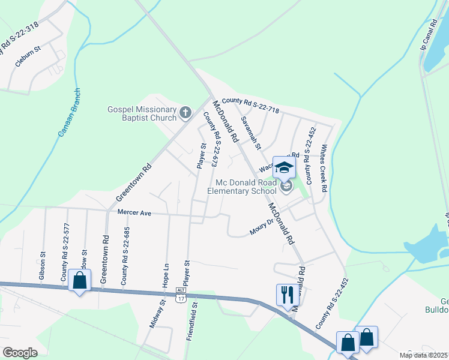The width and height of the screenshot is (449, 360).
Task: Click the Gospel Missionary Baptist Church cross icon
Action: click(x=185, y=112)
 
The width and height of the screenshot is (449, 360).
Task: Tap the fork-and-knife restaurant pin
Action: click(x=285, y=294)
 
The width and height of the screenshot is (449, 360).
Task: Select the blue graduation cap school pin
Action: click(x=284, y=167)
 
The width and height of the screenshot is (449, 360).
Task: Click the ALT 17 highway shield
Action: click(x=181, y=291)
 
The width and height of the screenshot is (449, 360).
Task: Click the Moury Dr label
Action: click(x=262, y=229)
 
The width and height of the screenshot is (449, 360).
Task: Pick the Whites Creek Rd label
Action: click(x=324, y=168)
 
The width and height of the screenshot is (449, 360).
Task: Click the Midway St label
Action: click(x=153, y=314)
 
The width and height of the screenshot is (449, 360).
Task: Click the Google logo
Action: click(x=20, y=353)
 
